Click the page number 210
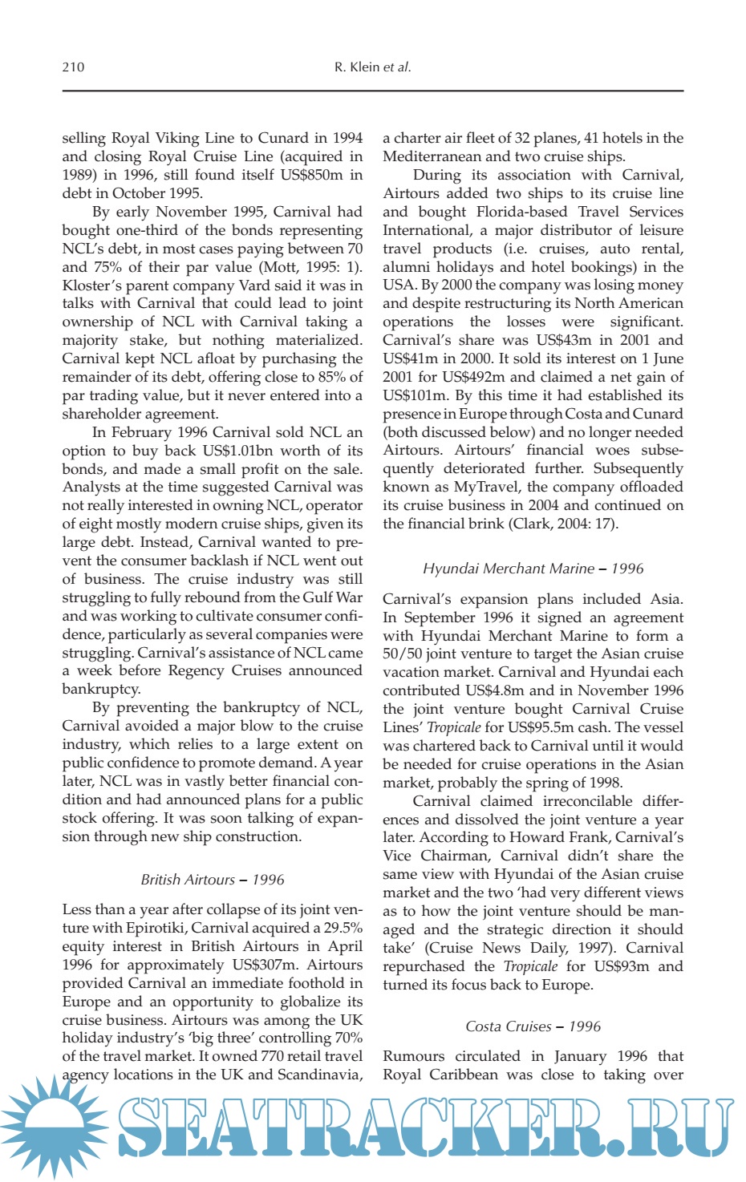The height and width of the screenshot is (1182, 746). (73, 67)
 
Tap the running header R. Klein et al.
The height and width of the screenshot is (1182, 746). (372, 67)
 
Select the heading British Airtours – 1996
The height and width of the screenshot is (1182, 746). (213, 880)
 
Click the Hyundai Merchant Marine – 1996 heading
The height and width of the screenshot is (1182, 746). (533, 569)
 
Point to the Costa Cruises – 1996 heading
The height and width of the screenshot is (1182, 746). (533, 1026)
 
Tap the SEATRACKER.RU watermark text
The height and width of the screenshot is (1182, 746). (425, 1127)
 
